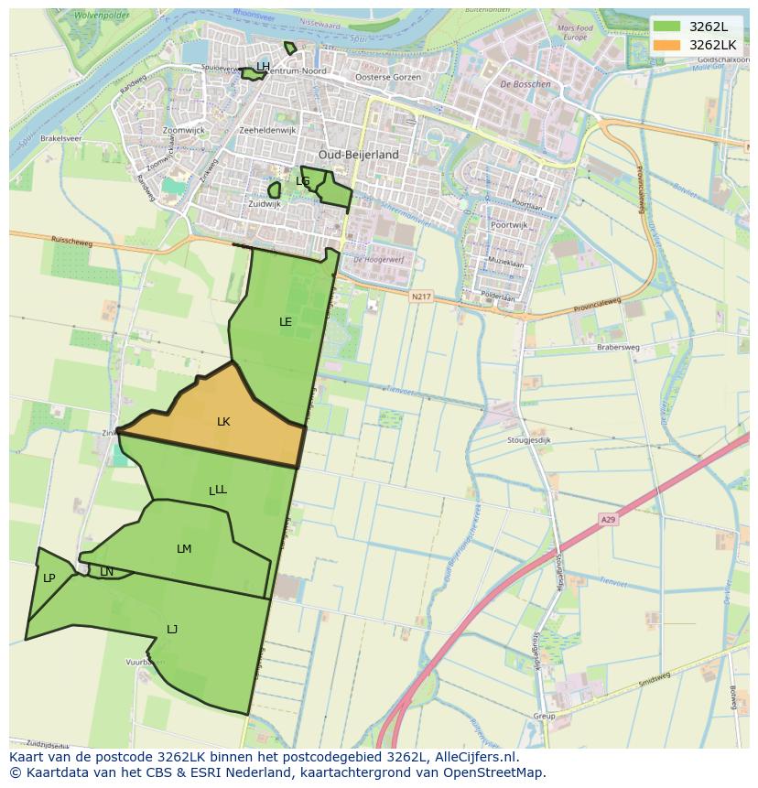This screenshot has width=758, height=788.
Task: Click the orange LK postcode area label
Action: pyautogui.click(x=223, y=422)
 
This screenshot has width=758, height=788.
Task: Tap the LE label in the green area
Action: pyautogui.click(x=286, y=322)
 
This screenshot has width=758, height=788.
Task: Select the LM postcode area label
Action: pyautogui.click(x=184, y=549)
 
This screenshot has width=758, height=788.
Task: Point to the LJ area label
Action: pyautogui.click(x=172, y=629)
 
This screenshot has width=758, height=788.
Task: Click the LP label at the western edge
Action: pyautogui.click(x=49, y=578)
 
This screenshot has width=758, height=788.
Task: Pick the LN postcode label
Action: pyautogui.click(x=106, y=572)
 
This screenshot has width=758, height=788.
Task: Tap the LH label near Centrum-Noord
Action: pyautogui.click(x=263, y=67)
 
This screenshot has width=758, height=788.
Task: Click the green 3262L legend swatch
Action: pyautogui.click(x=667, y=27)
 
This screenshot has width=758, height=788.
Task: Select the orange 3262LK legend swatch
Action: pyautogui.click(x=667, y=45)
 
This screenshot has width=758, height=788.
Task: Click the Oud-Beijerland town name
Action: pyautogui.click(x=359, y=155)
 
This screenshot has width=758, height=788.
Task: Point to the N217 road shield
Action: pyautogui.click(x=420, y=297)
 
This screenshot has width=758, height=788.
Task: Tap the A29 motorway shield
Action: pyautogui.click(x=609, y=520)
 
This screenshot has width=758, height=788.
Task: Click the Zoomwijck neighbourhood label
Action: pyautogui.click(x=183, y=131)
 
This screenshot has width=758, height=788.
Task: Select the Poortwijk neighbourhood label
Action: pyautogui.click(x=509, y=224)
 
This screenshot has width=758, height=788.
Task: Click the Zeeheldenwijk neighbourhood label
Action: pyautogui.click(x=267, y=131)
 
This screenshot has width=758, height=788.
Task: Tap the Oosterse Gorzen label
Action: pyautogui.click(x=387, y=78)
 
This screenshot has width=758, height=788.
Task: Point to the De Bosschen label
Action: pyautogui.click(x=525, y=84)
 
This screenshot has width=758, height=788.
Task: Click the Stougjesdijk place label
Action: pyautogui.click(x=529, y=440)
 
